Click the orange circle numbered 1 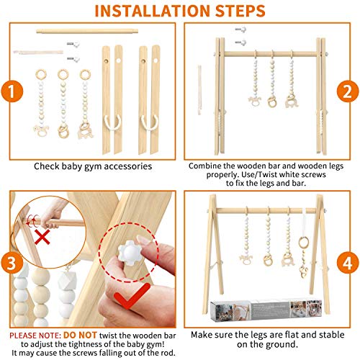coord(12,91)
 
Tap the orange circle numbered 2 coord(348,91)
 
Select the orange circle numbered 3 coord(12,263)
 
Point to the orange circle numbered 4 coord(348,263)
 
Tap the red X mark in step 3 coord(42,237)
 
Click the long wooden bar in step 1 coord(87,31)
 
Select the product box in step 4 coord(266,310)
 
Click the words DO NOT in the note coord(80,335)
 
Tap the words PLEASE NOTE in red coord(35,336)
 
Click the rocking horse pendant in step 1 coord(41,131)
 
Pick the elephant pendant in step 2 coord(292,102)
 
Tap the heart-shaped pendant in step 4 coord(303,271)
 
